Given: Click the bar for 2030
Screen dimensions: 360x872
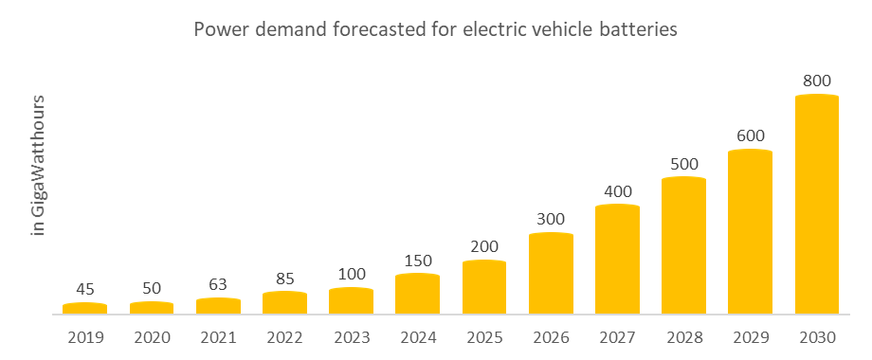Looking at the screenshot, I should [816, 204].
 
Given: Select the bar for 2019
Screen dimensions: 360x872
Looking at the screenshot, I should [85, 308].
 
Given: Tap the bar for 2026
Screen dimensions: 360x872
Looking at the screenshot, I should [551, 273].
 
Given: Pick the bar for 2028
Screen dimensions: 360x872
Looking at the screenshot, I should [683, 244].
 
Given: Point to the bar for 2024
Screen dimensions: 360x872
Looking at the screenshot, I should [417, 294].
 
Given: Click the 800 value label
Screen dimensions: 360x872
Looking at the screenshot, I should [816, 81].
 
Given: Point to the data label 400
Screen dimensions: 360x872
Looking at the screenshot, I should [617, 190].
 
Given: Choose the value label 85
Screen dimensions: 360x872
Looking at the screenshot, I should [284, 279].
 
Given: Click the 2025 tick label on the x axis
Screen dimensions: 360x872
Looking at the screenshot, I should [483, 335].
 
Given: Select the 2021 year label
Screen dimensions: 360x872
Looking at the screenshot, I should [218, 335].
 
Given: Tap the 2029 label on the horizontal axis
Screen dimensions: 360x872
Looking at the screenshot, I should [750, 335].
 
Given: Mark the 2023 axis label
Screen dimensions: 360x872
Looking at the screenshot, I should [351, 335].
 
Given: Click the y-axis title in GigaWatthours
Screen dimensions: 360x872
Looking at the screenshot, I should [39, 166].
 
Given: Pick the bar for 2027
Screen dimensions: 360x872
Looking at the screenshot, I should [617, 259].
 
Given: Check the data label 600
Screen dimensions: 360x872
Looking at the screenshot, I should [750, 135].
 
